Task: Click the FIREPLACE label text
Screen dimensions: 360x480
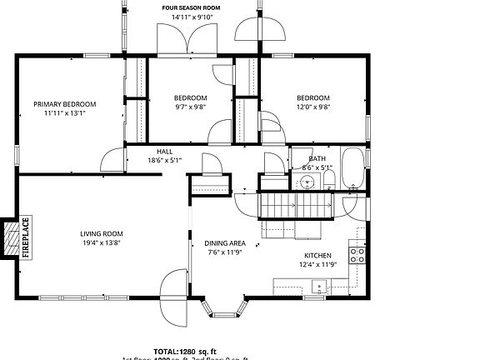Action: (25, 237)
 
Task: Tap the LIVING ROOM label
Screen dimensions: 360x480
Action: (102, 233)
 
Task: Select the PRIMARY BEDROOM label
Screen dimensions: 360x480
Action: (65, 104)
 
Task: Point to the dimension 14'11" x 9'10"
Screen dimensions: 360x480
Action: (192, 17)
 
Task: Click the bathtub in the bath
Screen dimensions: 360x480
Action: (352, 167)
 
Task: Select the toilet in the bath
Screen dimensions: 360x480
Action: (328, 179)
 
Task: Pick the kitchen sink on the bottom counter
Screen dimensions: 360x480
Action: (317, 287)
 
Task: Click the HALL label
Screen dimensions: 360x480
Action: (164, 152)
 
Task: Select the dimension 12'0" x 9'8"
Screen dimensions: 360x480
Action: (313, 107)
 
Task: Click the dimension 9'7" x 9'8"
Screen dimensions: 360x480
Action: (190, 107)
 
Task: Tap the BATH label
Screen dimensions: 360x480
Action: (317, 158)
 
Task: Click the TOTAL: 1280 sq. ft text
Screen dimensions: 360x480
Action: (184, 351)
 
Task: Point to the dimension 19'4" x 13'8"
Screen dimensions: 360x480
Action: (102, 242)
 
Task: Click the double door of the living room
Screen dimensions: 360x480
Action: (177, 296)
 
